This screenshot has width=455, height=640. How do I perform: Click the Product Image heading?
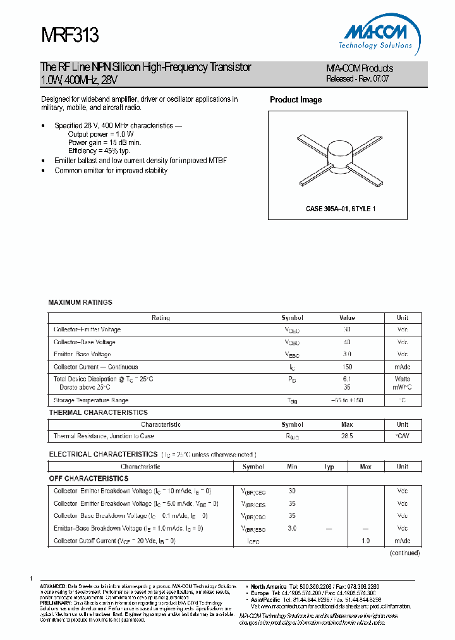[296, 100]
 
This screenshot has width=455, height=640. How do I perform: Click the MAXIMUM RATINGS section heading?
[80, 302]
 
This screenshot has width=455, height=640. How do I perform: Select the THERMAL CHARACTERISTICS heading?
[98, 412]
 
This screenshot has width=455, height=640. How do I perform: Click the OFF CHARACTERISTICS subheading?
[88, 479]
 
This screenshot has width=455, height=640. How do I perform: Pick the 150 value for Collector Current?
[347, 367]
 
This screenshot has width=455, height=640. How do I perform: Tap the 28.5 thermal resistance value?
[347, 436]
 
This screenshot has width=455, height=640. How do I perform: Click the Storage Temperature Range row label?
[91, 400]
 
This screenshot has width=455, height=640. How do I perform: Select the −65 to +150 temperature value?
[347, 400]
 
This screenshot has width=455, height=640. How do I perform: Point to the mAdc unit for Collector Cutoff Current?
[403, 541]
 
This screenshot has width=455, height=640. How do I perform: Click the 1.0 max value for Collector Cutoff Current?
[365, 541]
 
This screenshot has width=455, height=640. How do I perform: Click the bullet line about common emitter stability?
[111, 171]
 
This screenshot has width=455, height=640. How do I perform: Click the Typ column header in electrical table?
[329, 467]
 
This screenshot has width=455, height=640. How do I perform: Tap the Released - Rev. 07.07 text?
[358, 79]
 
